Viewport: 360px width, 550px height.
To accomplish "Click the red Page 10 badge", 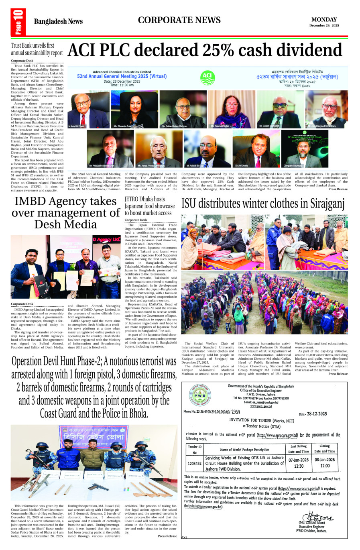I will point(18,23).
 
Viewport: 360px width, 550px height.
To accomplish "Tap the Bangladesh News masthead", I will point(58,22).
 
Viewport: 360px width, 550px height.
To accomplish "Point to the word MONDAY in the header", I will point(324,19).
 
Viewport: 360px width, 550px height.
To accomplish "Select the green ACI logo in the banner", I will point(207,77).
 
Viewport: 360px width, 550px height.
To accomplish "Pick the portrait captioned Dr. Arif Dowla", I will point(256,148).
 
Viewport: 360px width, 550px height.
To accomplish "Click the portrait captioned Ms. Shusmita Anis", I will point(134,109).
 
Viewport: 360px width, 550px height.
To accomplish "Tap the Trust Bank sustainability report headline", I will point(37,49).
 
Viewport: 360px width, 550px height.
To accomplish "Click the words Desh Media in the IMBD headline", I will point(66,224).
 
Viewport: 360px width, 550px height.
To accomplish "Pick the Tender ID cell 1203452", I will point(195,463).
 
